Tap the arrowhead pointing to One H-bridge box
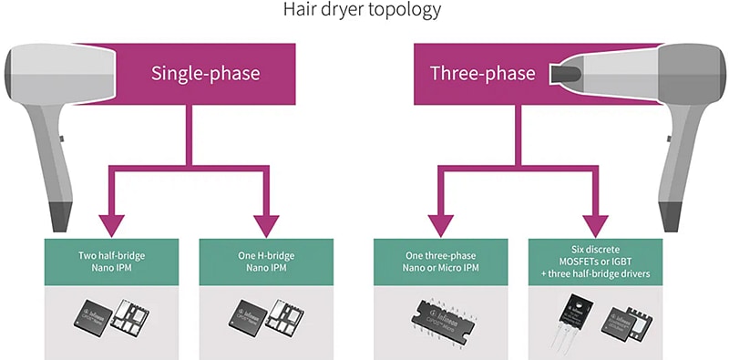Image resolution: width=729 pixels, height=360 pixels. (269, 222)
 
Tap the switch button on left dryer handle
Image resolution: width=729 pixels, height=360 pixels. (62, 138)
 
